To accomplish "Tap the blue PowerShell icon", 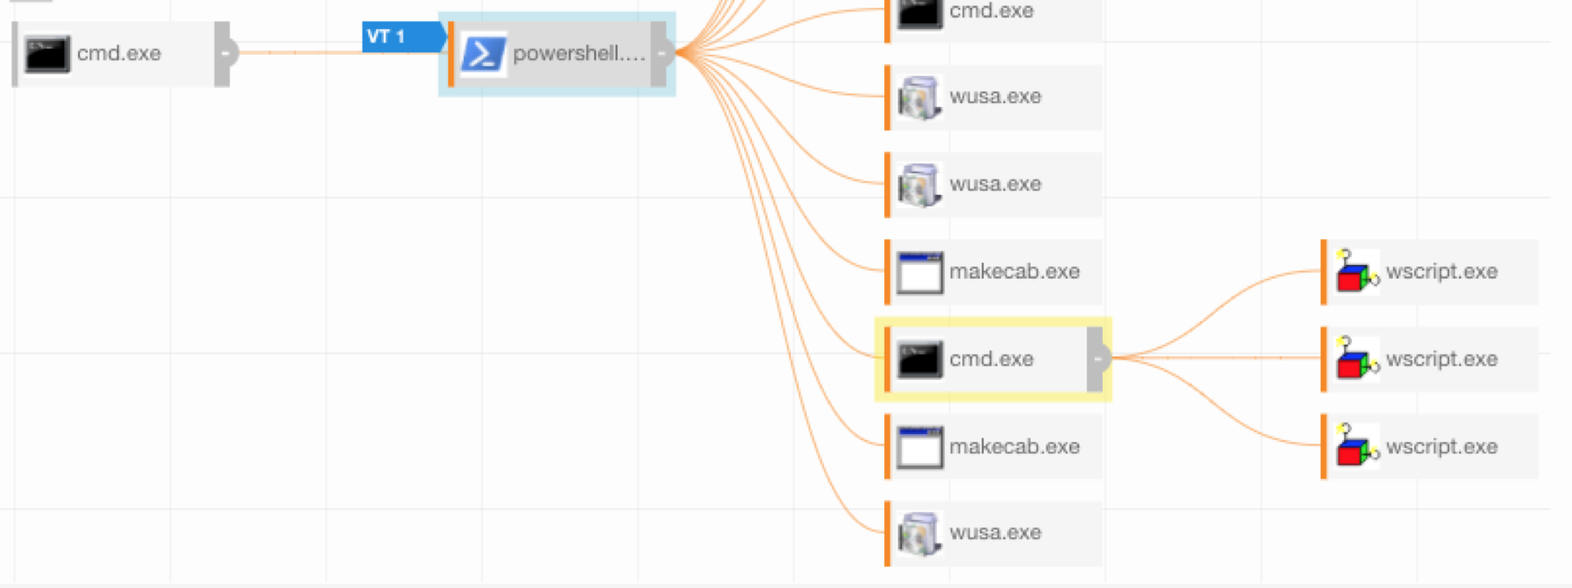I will (x=483, y=54).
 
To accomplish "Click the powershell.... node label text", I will (x=579, y=54).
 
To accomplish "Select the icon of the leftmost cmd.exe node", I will (x=47, y=54).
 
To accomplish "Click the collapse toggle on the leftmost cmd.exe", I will (x=224, y=54).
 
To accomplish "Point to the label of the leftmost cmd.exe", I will (x=119, y=54).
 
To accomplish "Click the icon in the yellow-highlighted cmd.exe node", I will (x=920, y=359).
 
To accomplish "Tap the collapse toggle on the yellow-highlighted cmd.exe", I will (x=1096, y=359).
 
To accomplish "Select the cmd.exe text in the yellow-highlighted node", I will (x=992, y=359).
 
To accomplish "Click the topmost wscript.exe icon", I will (x=1356, y=271).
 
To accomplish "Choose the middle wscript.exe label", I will (x=1441, y=359).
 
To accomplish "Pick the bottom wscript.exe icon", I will (x=1356, y=447).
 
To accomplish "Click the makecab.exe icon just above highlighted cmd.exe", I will (x=920, y=272).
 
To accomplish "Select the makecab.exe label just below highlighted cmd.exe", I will (x=1014, y=447).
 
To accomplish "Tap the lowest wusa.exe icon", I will (x=920, y=533).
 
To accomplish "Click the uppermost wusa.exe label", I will (x=996, y=97).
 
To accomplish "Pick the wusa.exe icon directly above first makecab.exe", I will (x=920, y=184).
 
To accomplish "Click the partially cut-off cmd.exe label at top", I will (x=992, y=11).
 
